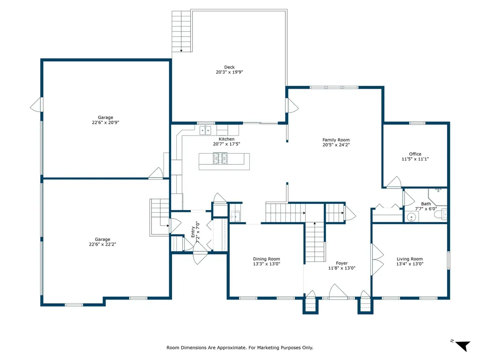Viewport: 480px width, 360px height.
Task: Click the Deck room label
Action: tap(229, 67)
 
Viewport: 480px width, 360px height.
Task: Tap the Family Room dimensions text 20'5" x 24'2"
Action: tap(336, 145)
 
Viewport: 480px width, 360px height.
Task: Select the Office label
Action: tap(415, 154)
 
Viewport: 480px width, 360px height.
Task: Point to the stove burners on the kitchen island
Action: tap(220, 158)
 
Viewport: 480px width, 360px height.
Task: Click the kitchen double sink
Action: tap(205, 130)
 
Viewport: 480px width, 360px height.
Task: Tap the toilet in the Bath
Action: tap(441, 214)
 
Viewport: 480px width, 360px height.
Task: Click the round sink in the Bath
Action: tap(412, 217)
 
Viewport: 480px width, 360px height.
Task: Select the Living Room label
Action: tap(410, 259)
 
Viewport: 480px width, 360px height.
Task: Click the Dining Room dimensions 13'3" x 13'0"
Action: tap(266, 264)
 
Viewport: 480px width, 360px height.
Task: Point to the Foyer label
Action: tap(342, 263)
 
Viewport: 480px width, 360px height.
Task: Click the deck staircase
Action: tap(181, 31)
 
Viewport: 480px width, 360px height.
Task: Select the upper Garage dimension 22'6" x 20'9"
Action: tap(105, 122)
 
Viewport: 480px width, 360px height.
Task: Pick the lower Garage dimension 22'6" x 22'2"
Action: tap(102, 244)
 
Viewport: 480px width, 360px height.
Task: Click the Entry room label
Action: tap(193, 232)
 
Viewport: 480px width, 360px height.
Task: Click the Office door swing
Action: tap(394, 182)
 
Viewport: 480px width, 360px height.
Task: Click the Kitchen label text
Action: tap(226, 139)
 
